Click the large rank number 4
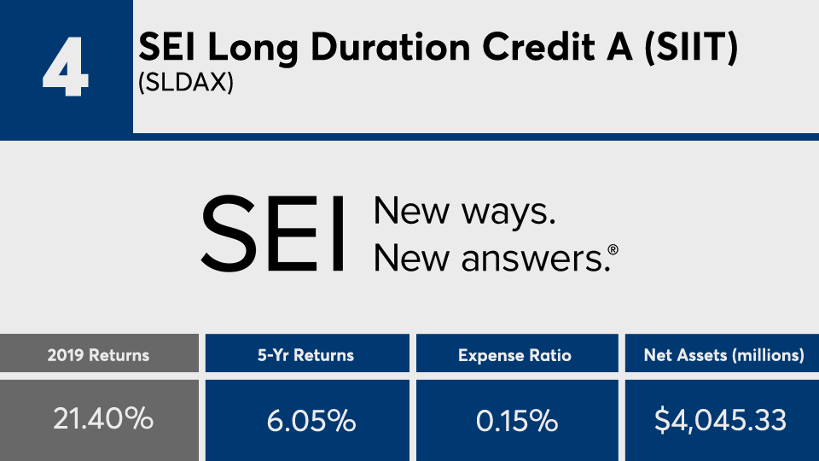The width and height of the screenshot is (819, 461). pyautogui.click(x=66, y=67)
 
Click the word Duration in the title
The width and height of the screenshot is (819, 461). pyautogui.click(x=391, y=48)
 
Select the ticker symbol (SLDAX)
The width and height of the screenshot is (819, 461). pyautogui.click(x=185, y=83)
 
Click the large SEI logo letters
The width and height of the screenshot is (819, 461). pyautogui.click(x=272, y=234)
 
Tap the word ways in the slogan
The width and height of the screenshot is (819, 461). pyautogui.click(x=508, y=213)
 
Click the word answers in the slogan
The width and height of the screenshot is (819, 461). pyautogui.click(x=535, y=259)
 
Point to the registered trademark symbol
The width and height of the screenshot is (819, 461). pyautogui.click(x=613, y=249)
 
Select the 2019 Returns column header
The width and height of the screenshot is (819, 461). pyautogui.click(x=99, y=355)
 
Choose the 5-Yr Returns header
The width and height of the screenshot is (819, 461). pyautogui.click(x=306, y=355)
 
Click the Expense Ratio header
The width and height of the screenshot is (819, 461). pyautogui.click(x=515, y=355)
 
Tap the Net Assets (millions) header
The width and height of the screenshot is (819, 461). pyautogui.click(x=724, y=355)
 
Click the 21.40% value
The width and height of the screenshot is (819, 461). pyautogui.click(x=103, y=418)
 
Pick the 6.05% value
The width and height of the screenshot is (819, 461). pyautogui.click(x=311, y=421)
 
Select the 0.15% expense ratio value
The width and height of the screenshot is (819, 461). pyautogui.click(x=517, y=421)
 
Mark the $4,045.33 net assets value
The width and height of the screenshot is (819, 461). pyautogui.click(x=720, y=421)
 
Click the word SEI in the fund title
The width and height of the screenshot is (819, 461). pyautogui.click(x=166, y=48)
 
